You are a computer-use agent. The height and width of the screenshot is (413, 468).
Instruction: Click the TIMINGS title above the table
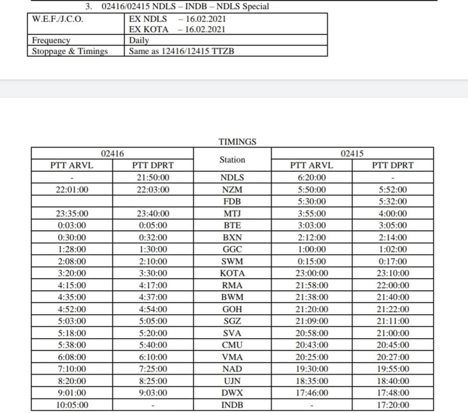tap(238, 142)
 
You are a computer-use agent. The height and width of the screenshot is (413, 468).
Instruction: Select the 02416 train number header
tap(112, 154)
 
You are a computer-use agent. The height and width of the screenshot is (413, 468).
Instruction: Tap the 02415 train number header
tap(352, 154)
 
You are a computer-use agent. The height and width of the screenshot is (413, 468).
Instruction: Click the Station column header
tap(232, 160)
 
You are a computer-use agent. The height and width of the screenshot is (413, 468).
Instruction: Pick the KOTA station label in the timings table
tap(232, 273)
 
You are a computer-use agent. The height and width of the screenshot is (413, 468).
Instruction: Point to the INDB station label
tap(232, 405)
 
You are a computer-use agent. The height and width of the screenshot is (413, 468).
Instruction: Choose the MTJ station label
tap(232, 213)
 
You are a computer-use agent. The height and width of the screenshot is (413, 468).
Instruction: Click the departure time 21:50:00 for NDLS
tap(153, 178)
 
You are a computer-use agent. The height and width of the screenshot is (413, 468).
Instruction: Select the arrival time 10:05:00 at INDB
tap(72, 405)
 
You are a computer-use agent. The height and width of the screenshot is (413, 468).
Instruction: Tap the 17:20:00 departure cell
tap(393, 405)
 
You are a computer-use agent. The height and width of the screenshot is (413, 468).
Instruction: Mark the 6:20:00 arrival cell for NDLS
tap(312, 178)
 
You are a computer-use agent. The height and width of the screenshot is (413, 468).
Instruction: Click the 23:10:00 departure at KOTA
tap(393, 273)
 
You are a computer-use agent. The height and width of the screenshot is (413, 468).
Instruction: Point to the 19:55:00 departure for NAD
tap(393, 369)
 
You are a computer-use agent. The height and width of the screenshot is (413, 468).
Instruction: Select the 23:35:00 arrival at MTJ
tap(72, 213)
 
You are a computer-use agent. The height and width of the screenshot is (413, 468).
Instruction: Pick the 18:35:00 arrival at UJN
tap(312, 380)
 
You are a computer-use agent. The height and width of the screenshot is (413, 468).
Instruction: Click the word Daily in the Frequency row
tap(139, 40)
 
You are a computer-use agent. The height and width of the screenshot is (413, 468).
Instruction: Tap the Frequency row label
tap(51, 40)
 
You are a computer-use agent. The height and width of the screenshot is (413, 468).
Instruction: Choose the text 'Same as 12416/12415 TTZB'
tap(181, 51)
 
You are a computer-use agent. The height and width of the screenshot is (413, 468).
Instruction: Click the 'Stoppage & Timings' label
tap(70, 51)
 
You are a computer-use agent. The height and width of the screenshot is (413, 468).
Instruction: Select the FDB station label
tap(232, 201)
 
